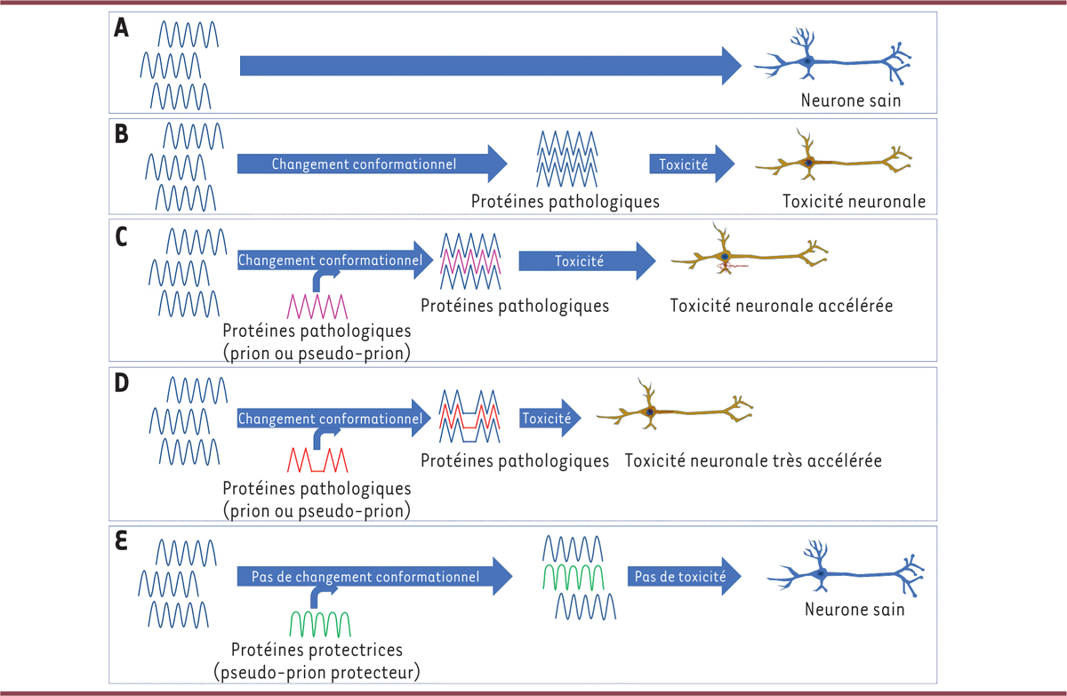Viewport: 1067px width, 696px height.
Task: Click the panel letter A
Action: (122, 28)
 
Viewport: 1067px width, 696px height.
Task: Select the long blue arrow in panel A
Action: (489, 65)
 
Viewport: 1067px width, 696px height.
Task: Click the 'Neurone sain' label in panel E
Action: (854, 610)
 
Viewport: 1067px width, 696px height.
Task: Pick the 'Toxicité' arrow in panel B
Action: (692, 164)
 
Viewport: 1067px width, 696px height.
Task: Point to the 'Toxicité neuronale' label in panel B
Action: (854, 202)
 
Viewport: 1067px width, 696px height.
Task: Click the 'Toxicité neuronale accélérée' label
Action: (782, 305)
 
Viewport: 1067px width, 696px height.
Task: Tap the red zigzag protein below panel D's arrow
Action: (316, 460)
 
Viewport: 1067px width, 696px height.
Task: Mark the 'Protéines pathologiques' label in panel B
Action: (566, 202)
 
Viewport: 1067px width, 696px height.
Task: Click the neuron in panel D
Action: (676, 412)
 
